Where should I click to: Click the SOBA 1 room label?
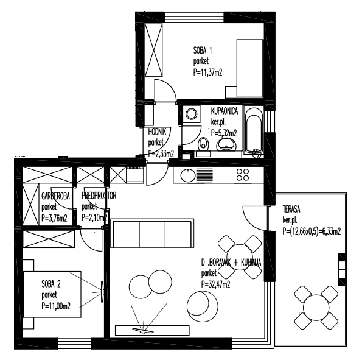203,51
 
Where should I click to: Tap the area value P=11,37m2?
207,72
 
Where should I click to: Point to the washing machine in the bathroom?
191,114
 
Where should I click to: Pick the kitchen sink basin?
188,175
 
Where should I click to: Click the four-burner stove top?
243,175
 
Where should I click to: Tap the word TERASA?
291,210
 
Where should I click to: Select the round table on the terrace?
316,307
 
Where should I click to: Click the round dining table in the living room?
240,257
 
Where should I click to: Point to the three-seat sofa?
152,233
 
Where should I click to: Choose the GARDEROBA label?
55,196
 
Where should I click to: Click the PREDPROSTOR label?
99,196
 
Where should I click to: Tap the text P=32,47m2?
215,284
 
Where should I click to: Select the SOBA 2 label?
51,284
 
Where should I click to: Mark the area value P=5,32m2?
224,133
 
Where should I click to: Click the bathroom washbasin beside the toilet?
226,144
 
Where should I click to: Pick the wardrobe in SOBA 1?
153,50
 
